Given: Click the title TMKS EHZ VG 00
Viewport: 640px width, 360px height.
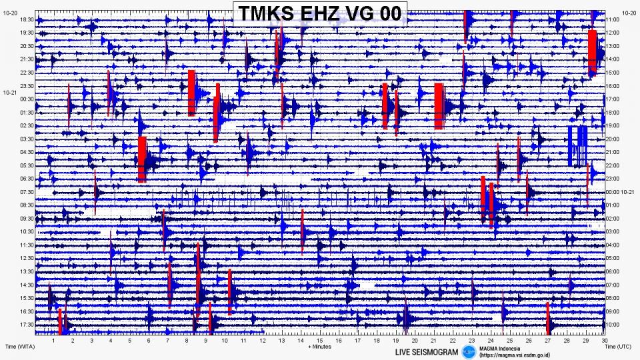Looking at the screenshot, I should [320, 13].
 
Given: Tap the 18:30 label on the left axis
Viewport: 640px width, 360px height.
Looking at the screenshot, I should [27, 20].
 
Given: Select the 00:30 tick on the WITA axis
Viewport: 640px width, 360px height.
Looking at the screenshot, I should [27, 99].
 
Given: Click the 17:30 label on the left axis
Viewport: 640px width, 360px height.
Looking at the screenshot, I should [27, 325].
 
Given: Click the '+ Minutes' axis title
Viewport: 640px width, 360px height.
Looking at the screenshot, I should [320, 347].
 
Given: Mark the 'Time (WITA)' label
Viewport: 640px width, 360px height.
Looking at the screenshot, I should [19, 347].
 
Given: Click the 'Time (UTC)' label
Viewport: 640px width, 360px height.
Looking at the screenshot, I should [619, 347].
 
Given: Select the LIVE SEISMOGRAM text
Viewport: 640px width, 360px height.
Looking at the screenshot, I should [427, 352].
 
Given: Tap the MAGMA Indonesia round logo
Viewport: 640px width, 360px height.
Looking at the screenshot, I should [470, 351].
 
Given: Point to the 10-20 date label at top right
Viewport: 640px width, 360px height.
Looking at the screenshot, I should [629, 13].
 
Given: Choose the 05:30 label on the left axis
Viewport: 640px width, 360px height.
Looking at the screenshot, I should [27, 165].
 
